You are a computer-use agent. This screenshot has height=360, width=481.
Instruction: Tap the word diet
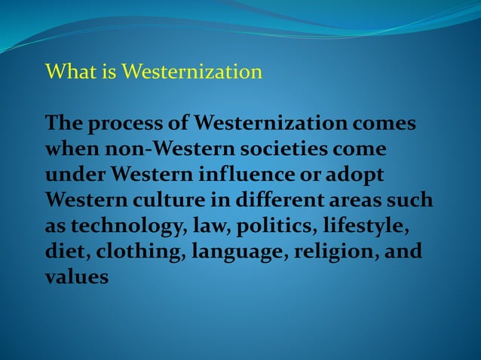point(63,252)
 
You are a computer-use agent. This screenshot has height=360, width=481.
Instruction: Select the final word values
point(77,277)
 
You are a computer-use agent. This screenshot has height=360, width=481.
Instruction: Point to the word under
point(75,175)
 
